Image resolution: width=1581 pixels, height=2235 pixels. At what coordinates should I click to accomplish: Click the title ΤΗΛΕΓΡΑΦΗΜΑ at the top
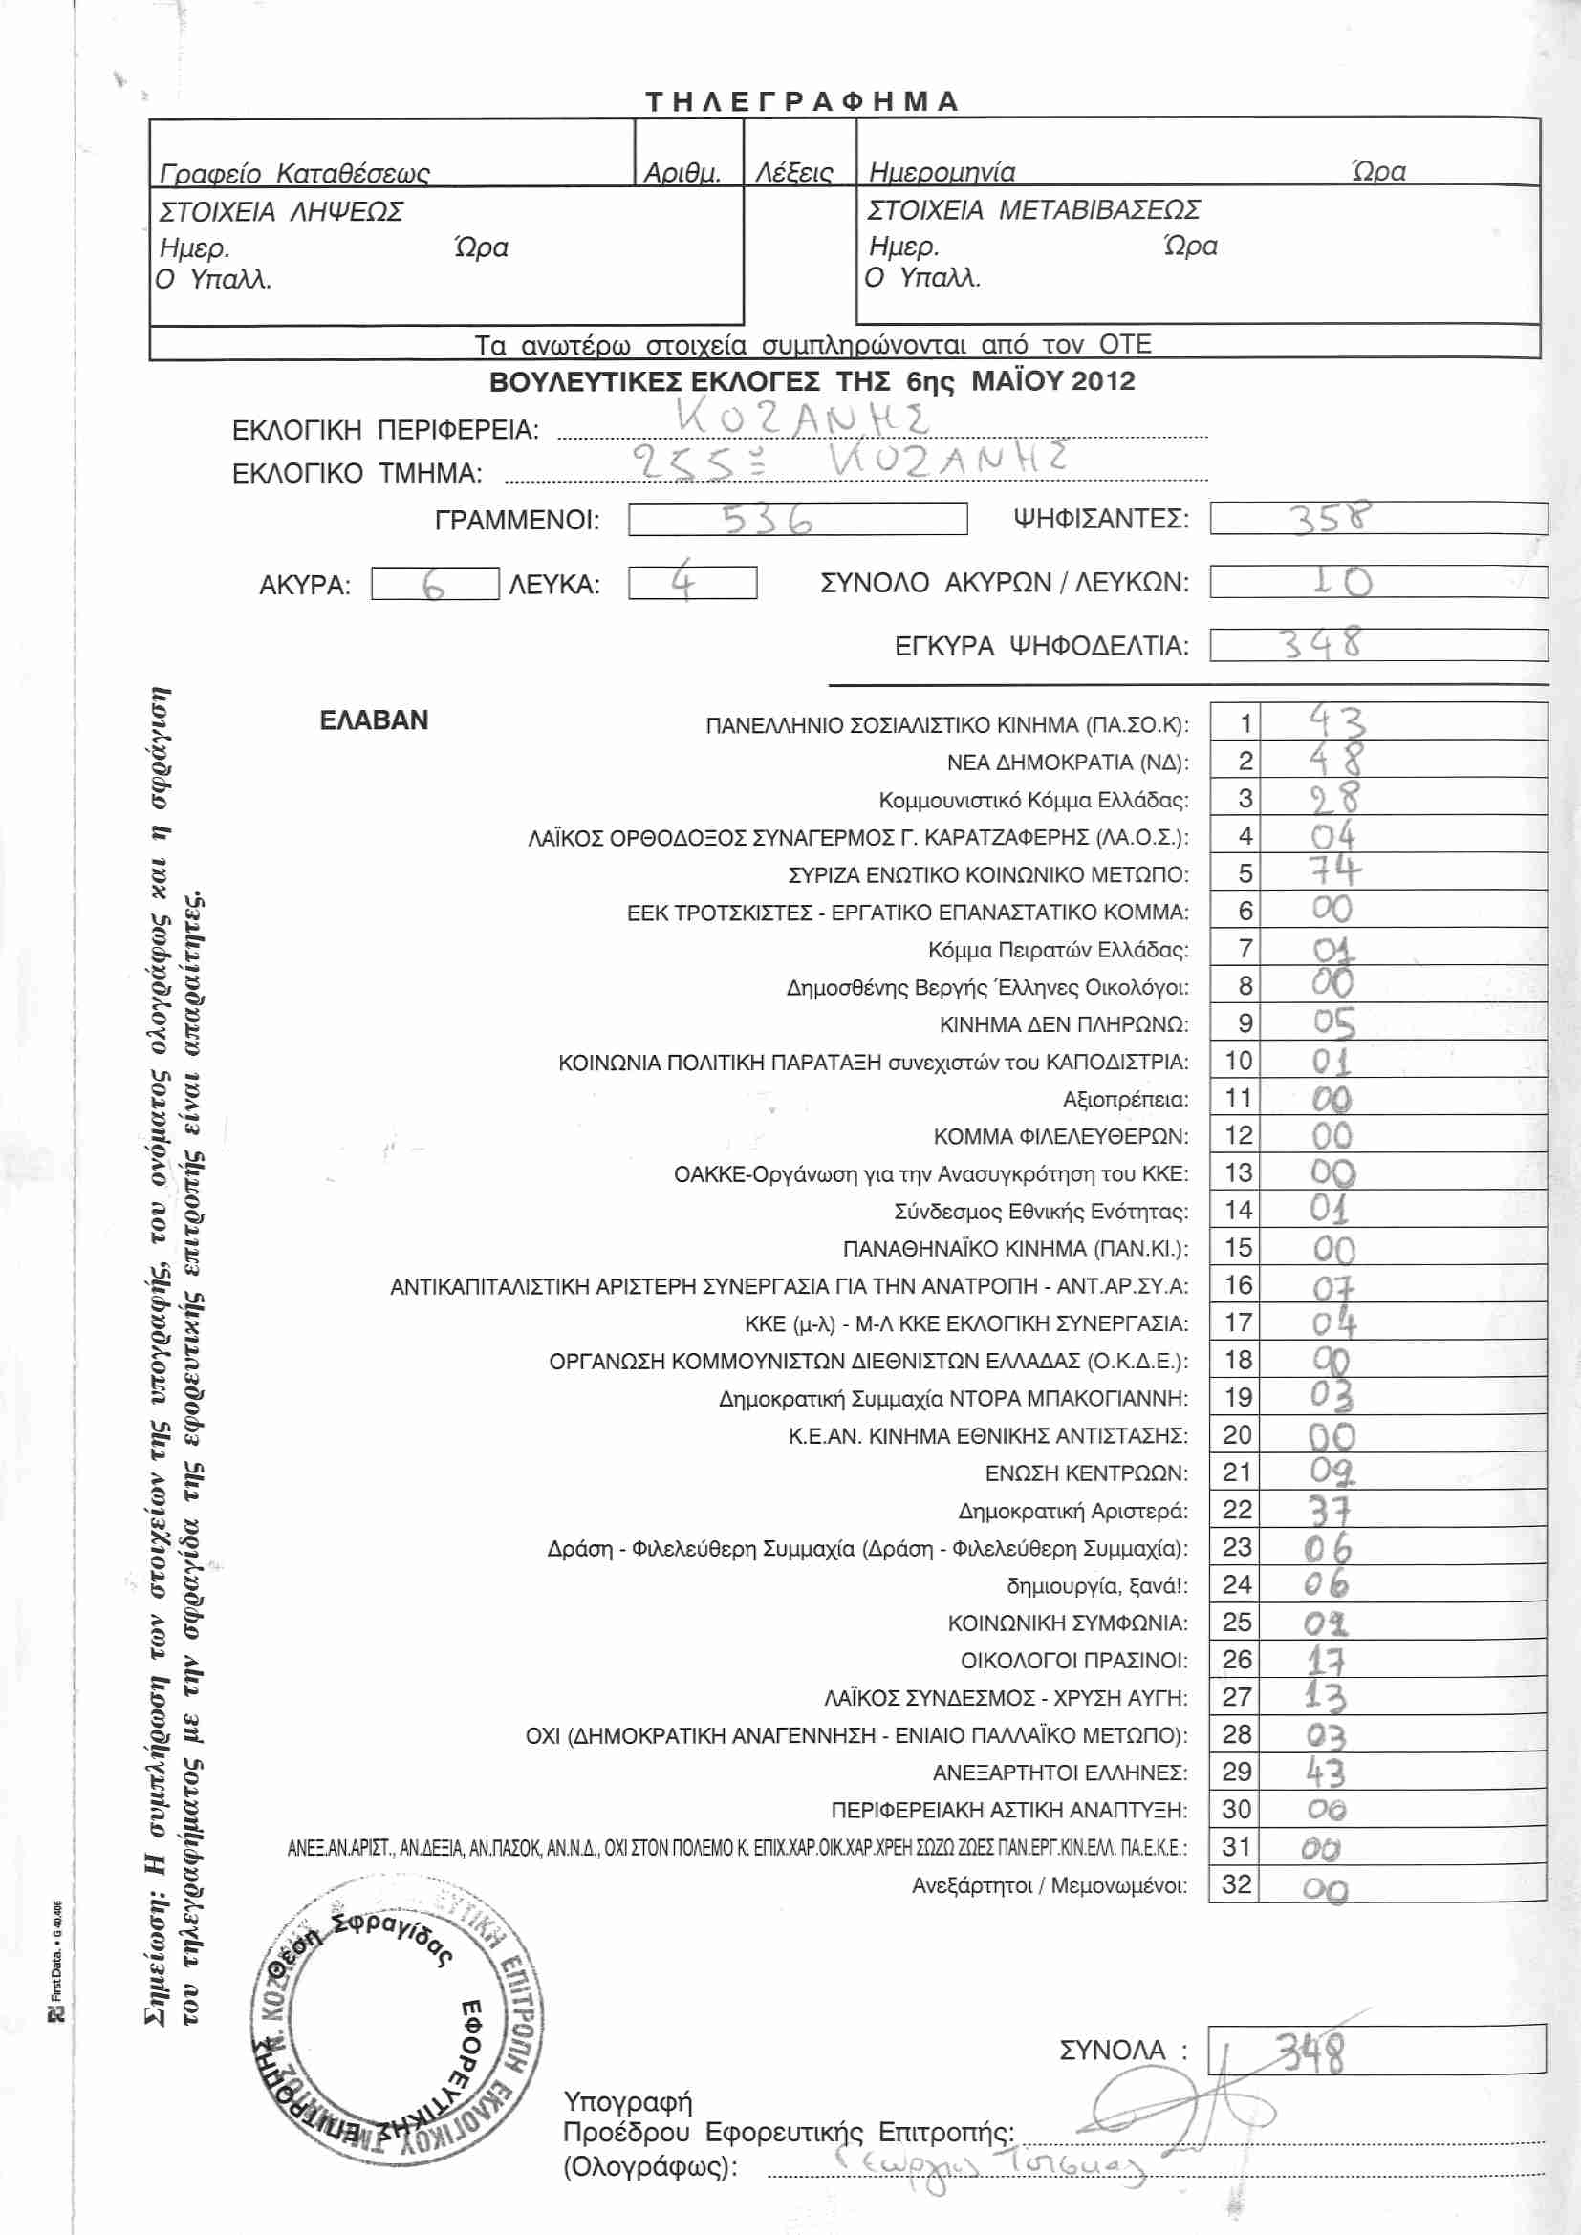click(802, 101)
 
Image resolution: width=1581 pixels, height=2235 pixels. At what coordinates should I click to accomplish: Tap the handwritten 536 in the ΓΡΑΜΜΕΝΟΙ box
click(768, 520)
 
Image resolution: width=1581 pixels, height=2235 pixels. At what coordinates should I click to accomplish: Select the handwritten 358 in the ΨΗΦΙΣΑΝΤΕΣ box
click(1331, 517)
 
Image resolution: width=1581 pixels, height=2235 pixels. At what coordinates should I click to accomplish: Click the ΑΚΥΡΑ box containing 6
click(434, 584)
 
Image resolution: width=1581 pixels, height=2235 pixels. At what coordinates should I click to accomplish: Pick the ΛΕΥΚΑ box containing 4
click(691, 582)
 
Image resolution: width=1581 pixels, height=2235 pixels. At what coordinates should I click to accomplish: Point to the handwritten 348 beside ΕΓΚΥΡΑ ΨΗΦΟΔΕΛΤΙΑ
click(1321, 644)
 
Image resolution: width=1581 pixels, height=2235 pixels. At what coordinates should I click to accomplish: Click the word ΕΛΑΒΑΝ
click(374, 720)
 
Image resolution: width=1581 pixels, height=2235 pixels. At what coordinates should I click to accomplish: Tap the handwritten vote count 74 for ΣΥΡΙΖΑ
click(1333, 870)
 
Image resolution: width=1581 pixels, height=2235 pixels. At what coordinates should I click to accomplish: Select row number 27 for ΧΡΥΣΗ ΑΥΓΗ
click(1236, 1697)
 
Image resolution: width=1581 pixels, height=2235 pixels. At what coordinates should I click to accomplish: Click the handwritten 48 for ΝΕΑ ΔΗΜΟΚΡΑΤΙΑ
click(1334, 760)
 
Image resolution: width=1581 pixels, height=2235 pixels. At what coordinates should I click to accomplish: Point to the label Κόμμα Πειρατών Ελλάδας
click(1058, 950)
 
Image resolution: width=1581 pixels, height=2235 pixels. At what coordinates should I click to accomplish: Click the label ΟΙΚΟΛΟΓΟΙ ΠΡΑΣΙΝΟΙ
click(1073, 1660)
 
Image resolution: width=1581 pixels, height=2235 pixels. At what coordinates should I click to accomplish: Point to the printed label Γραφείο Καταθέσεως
click(294, 174)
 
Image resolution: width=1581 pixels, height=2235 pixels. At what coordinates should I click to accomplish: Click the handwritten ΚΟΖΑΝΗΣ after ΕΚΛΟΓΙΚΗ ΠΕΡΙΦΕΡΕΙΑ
click(802, 419)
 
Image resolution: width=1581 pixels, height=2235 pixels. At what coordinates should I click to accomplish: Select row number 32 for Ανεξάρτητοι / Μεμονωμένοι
click(1236, 1883)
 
